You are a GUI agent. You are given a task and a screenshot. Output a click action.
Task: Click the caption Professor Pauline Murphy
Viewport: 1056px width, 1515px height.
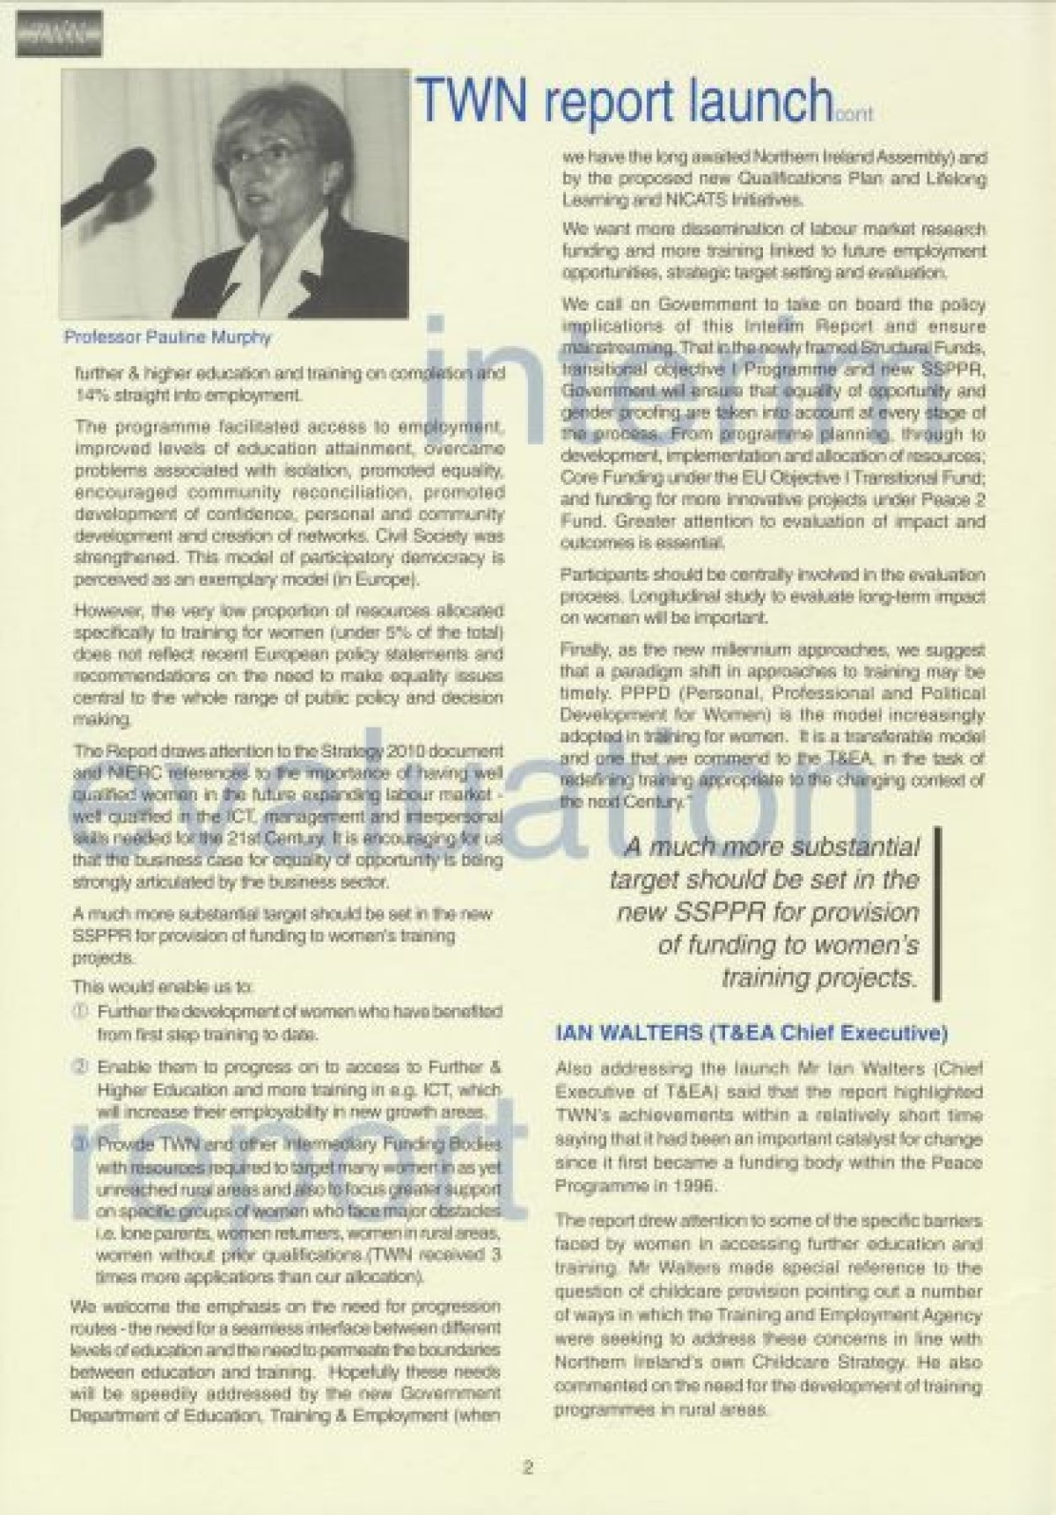tap(167, 337)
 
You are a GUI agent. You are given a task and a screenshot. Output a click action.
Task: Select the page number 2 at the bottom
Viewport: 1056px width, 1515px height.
tap(527, 1467)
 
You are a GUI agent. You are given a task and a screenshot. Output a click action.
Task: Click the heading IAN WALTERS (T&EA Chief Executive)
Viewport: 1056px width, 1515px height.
tap(751, 1032)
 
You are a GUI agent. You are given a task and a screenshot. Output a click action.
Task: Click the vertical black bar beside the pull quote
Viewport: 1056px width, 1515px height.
tap(938, 911)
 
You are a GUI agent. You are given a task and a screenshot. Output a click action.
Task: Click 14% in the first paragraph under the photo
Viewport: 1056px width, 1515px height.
tap(91, 395)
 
